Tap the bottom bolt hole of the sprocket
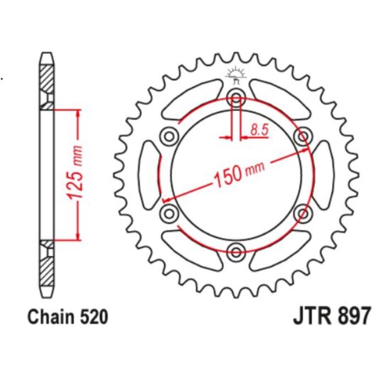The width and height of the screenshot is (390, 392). (237, 252)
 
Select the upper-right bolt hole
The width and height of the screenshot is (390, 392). (302, 136)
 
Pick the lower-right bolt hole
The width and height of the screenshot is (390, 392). (302, 213)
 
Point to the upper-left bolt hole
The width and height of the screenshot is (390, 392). (168, 136)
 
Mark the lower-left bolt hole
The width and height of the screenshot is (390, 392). (168, 213)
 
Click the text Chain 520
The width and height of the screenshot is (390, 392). (67, 317)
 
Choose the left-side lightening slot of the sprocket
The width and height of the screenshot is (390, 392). (148, 175)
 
